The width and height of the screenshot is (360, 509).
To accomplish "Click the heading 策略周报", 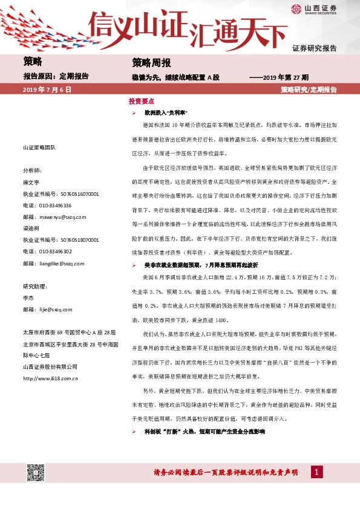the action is (x=151, y=63).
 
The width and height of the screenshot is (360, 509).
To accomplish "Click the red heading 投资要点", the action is (x=142, y=102).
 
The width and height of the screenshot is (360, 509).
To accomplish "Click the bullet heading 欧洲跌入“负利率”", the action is (x=165, y=113).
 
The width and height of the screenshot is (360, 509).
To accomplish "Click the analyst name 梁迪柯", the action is (x=31, y=229).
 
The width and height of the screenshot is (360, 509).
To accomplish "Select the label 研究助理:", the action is (x=33, y=286).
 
